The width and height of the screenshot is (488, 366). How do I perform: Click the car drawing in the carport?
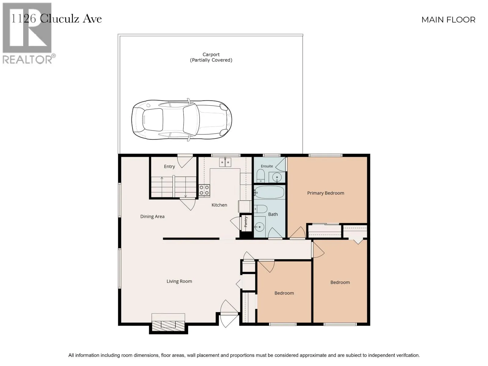tap(181, 120)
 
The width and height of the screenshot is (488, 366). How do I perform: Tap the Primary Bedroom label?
tap(325, 193)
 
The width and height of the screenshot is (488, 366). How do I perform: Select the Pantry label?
tap(246, 222)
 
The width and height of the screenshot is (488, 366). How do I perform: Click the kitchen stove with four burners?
tap(204, 190)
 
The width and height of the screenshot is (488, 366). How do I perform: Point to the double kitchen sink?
tap(225, 162)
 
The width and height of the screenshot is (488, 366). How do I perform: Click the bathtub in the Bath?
tap(269, 192)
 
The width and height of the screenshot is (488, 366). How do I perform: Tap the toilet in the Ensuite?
tap(260, 176)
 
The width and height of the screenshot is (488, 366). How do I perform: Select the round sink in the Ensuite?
tap(277, 177)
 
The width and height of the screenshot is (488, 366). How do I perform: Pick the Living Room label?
tap(179, 281)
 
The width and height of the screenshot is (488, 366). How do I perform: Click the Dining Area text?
tap(152, 217)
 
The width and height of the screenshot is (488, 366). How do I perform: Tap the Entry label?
tap(169, 167)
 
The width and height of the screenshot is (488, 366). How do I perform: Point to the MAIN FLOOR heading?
tap(448, 20)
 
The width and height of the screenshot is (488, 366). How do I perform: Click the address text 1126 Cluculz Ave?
tap(56, 19)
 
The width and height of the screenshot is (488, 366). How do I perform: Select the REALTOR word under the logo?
tap(27, 59)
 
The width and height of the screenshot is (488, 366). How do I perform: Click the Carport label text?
tap(211, 55)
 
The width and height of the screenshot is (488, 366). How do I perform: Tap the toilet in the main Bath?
tap(260, 209)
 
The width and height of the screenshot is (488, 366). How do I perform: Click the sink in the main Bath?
tap(259, 227)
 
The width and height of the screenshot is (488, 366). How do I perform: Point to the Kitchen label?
tap(219, 205)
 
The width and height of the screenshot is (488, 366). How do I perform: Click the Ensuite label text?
tap(267, 166)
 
